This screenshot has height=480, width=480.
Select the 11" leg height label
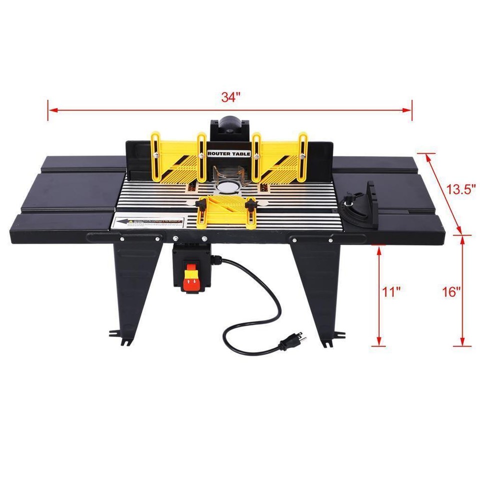click(393, 292)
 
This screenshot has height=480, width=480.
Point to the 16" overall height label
click(451, 292)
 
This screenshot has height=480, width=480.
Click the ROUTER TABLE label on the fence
click(225, 154)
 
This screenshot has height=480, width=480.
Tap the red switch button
click(190, 284)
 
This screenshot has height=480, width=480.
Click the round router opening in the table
click(228, 187)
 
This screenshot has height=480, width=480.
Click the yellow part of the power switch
click(190, 274)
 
